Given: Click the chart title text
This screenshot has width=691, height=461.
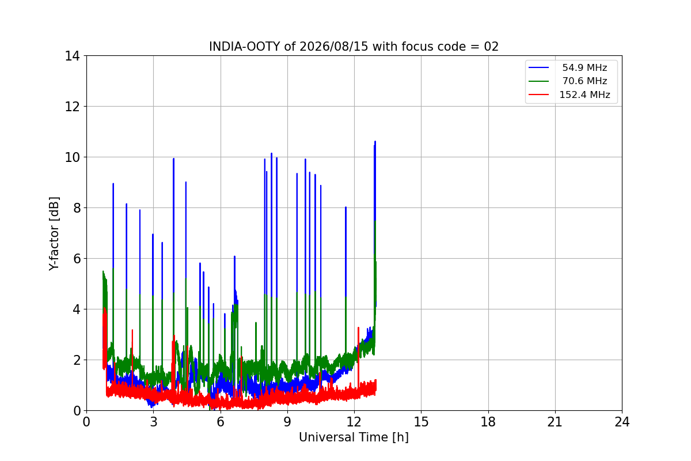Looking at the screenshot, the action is [x=354, y=47].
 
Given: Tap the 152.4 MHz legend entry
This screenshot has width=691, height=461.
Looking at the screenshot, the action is [x=569, y=95].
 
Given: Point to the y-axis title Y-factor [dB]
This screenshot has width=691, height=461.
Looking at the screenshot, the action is [x=54, y=234].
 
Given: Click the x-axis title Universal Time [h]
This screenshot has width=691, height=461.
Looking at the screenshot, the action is [x=354, y=437].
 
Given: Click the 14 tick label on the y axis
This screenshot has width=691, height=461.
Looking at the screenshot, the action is [x=72, y=56].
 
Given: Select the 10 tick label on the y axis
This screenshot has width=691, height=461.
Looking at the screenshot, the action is [x=72, y=157].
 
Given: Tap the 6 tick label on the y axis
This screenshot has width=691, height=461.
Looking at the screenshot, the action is [x=77, y=259].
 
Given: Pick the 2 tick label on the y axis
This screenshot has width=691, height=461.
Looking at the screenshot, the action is [x=77, y=360].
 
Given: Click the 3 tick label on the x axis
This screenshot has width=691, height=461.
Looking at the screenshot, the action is [x=154, y=422].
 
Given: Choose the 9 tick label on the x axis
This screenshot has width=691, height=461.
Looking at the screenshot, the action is [x=287, y=422].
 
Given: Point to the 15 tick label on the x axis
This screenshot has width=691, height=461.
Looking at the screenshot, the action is [x=422, y=422].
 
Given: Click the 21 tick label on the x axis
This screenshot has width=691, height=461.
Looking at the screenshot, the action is [x=555, y=422].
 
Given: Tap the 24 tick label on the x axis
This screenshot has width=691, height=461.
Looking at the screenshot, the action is [x=622, y=422].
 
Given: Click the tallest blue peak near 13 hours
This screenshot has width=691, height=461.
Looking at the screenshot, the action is [x=375, y=142].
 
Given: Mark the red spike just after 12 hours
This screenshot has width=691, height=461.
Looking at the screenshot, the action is [x=358, y=328].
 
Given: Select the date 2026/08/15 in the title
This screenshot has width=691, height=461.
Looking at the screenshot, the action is [x=334, y=47].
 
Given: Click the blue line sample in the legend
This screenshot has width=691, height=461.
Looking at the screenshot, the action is [x=538, y=67].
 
